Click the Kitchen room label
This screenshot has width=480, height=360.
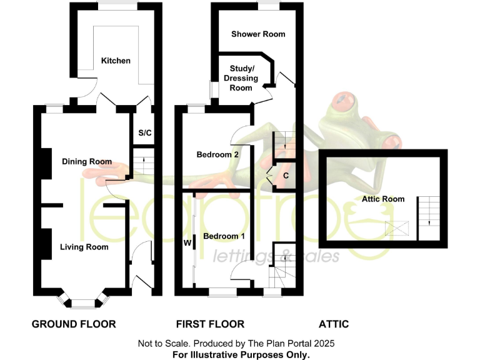(116, 61)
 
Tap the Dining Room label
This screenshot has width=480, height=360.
(87, 162)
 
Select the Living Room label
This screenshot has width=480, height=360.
(84, 247)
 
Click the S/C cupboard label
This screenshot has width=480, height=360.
(144, 133)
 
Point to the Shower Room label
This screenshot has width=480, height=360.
(258, 34)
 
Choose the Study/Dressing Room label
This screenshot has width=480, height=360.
(241, 78)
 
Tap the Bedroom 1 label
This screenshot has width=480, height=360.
(224, 236)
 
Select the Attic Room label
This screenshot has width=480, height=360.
(383, 199)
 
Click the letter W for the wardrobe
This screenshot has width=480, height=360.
(187, 242)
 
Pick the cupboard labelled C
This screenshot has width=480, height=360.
(286, 176)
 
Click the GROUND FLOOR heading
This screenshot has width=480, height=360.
(74, 324)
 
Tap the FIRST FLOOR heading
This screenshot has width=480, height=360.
(210, 324)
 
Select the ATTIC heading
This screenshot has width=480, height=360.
(334, 324)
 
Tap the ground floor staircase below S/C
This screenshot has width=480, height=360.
(143, 164)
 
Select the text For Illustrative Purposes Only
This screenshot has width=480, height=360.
(241, 354)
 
